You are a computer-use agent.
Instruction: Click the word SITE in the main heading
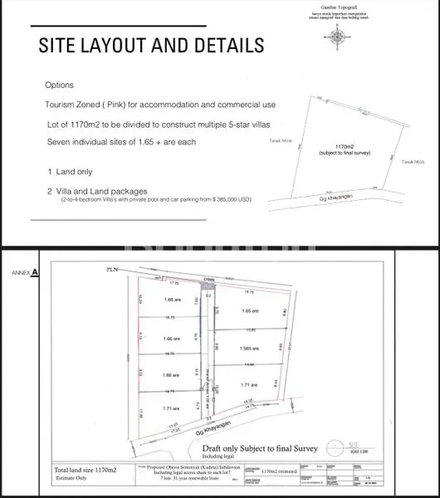(66, 45)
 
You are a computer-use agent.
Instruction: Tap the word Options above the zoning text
(59, 85)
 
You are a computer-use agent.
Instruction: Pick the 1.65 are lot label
(250, 310)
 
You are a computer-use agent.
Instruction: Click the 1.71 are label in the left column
(173, 409)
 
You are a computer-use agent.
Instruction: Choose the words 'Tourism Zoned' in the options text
(71, 105)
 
